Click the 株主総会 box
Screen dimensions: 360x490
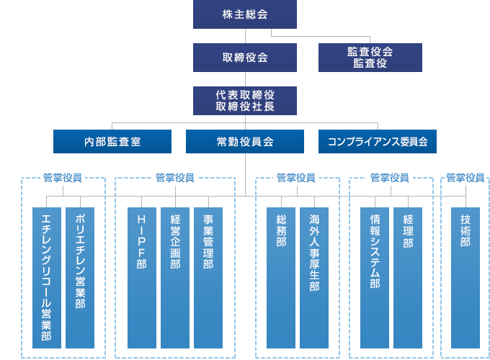pyautogui.click(x=245, y=14)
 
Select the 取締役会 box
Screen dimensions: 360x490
pyautogui.click(x=245, y=57)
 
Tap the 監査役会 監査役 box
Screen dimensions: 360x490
pyautogui.click(x=370, y=57)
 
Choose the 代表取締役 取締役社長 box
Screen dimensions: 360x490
pyautogui.click(x=245, y=101)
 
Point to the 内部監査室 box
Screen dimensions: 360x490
pyautogui.click(x=112, y=142)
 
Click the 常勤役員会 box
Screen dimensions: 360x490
pyautogui.click(x=245, y=142)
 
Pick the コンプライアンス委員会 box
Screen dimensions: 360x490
pyautogui.click(x=378, y=142)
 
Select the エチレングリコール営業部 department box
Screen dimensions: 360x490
pyautogui.click(x=47, y=278)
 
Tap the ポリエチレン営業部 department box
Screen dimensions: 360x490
pyautogui.click(x=80, y=278)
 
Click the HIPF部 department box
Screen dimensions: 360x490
pyautogui.click(x=142, y=278)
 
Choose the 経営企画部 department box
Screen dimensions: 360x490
pyautogui.click(x=175, y=278)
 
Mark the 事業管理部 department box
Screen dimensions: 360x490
pyautogui.click(x=208, y=278)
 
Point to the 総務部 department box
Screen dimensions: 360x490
pyautogui.click(x=281, y=278)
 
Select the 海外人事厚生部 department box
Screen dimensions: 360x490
pyautogui.click(x=314, y=278)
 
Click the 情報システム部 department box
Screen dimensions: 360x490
pyautogui.click(x=375, y=278)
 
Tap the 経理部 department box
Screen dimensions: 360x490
pyautogui.click(x=408, y=278)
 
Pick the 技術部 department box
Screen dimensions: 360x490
pyautogui.click(x=465, y=278)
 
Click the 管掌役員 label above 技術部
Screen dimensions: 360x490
pyautogui.click(x=465, y=177)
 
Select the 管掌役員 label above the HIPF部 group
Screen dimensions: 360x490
pyautogui.click(x=175, y=177)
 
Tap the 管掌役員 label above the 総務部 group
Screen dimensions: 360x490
pyautogui.click(x=296, y=177)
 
